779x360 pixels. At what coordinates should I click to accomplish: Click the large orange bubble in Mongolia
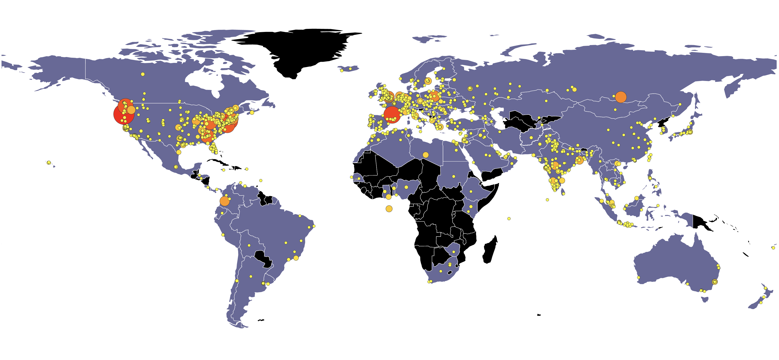[621, 97]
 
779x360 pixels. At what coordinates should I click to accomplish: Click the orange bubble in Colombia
[224, 201]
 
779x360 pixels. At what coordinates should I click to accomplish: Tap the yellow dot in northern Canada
[143, 74]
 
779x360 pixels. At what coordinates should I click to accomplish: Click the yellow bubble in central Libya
[425, 155]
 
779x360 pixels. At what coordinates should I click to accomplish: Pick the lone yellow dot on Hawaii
[49, 162]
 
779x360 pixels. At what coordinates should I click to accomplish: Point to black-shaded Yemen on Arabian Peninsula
[491, 175]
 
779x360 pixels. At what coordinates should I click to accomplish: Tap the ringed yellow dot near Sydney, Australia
[714, 282]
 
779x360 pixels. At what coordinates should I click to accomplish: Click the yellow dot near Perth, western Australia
[639, 277]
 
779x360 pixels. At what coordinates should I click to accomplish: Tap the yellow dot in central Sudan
[454, 176]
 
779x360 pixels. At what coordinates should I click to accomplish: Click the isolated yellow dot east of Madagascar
[509, 218]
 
